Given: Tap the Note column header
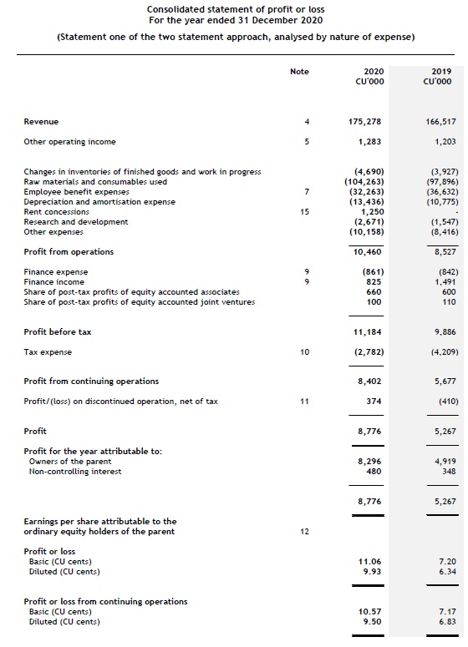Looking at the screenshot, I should (x=299, y=72).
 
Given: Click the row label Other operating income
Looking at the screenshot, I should (x=70, y=142).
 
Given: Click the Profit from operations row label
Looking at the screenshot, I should (x=69, y=252).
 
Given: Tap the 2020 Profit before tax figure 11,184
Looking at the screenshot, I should (x=368, y=331).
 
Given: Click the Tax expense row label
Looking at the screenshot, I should (x=48, y=351).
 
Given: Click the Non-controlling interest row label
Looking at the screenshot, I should (x=75, y=471).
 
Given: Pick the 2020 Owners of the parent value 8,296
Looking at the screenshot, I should (x=370, y=461).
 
